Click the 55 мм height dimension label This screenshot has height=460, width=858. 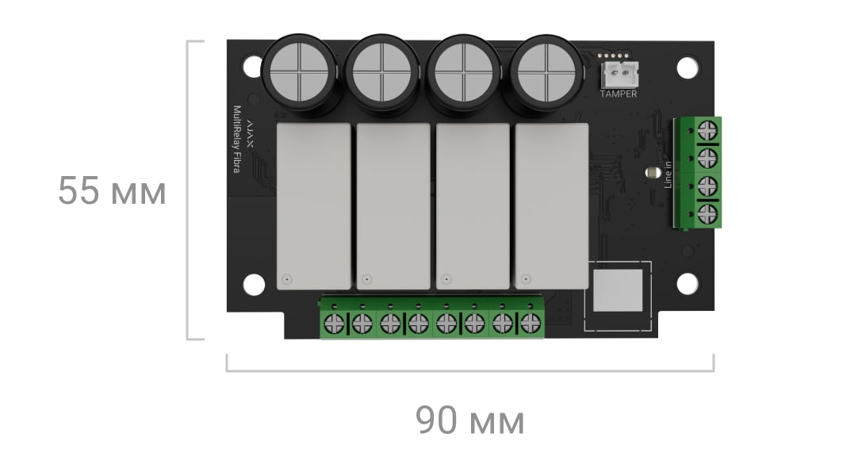click(112, 191)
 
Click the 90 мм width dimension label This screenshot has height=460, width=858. click(469, 420)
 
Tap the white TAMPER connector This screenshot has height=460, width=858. click(619, 75)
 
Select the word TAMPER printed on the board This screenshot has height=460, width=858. click(619, 94)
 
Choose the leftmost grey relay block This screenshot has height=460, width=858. click(313, 206)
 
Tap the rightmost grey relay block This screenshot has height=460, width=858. click(552, 206)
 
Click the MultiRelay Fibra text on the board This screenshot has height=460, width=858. click(237, 140)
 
